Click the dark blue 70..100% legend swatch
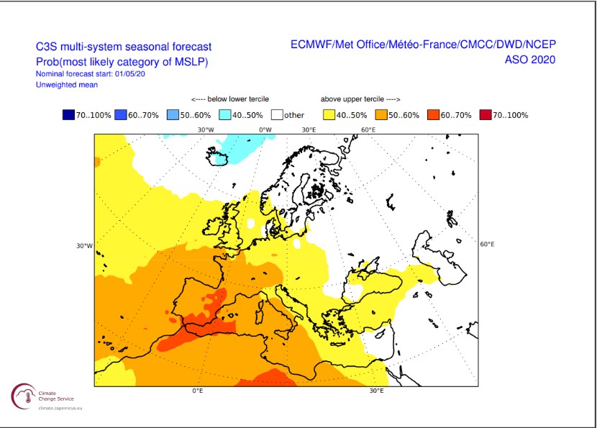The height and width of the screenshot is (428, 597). coord(69,114)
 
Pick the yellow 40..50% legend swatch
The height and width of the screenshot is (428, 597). coord(330,114)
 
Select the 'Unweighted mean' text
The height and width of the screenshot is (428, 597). coord(67,85)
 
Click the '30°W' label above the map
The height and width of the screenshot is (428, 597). coord(206,129)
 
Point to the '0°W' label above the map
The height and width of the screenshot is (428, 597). coord(265,129)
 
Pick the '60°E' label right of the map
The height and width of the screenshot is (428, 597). coord(487,244)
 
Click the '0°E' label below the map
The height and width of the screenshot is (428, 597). coord(197,391)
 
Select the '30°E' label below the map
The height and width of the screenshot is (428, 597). coord(376,391)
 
